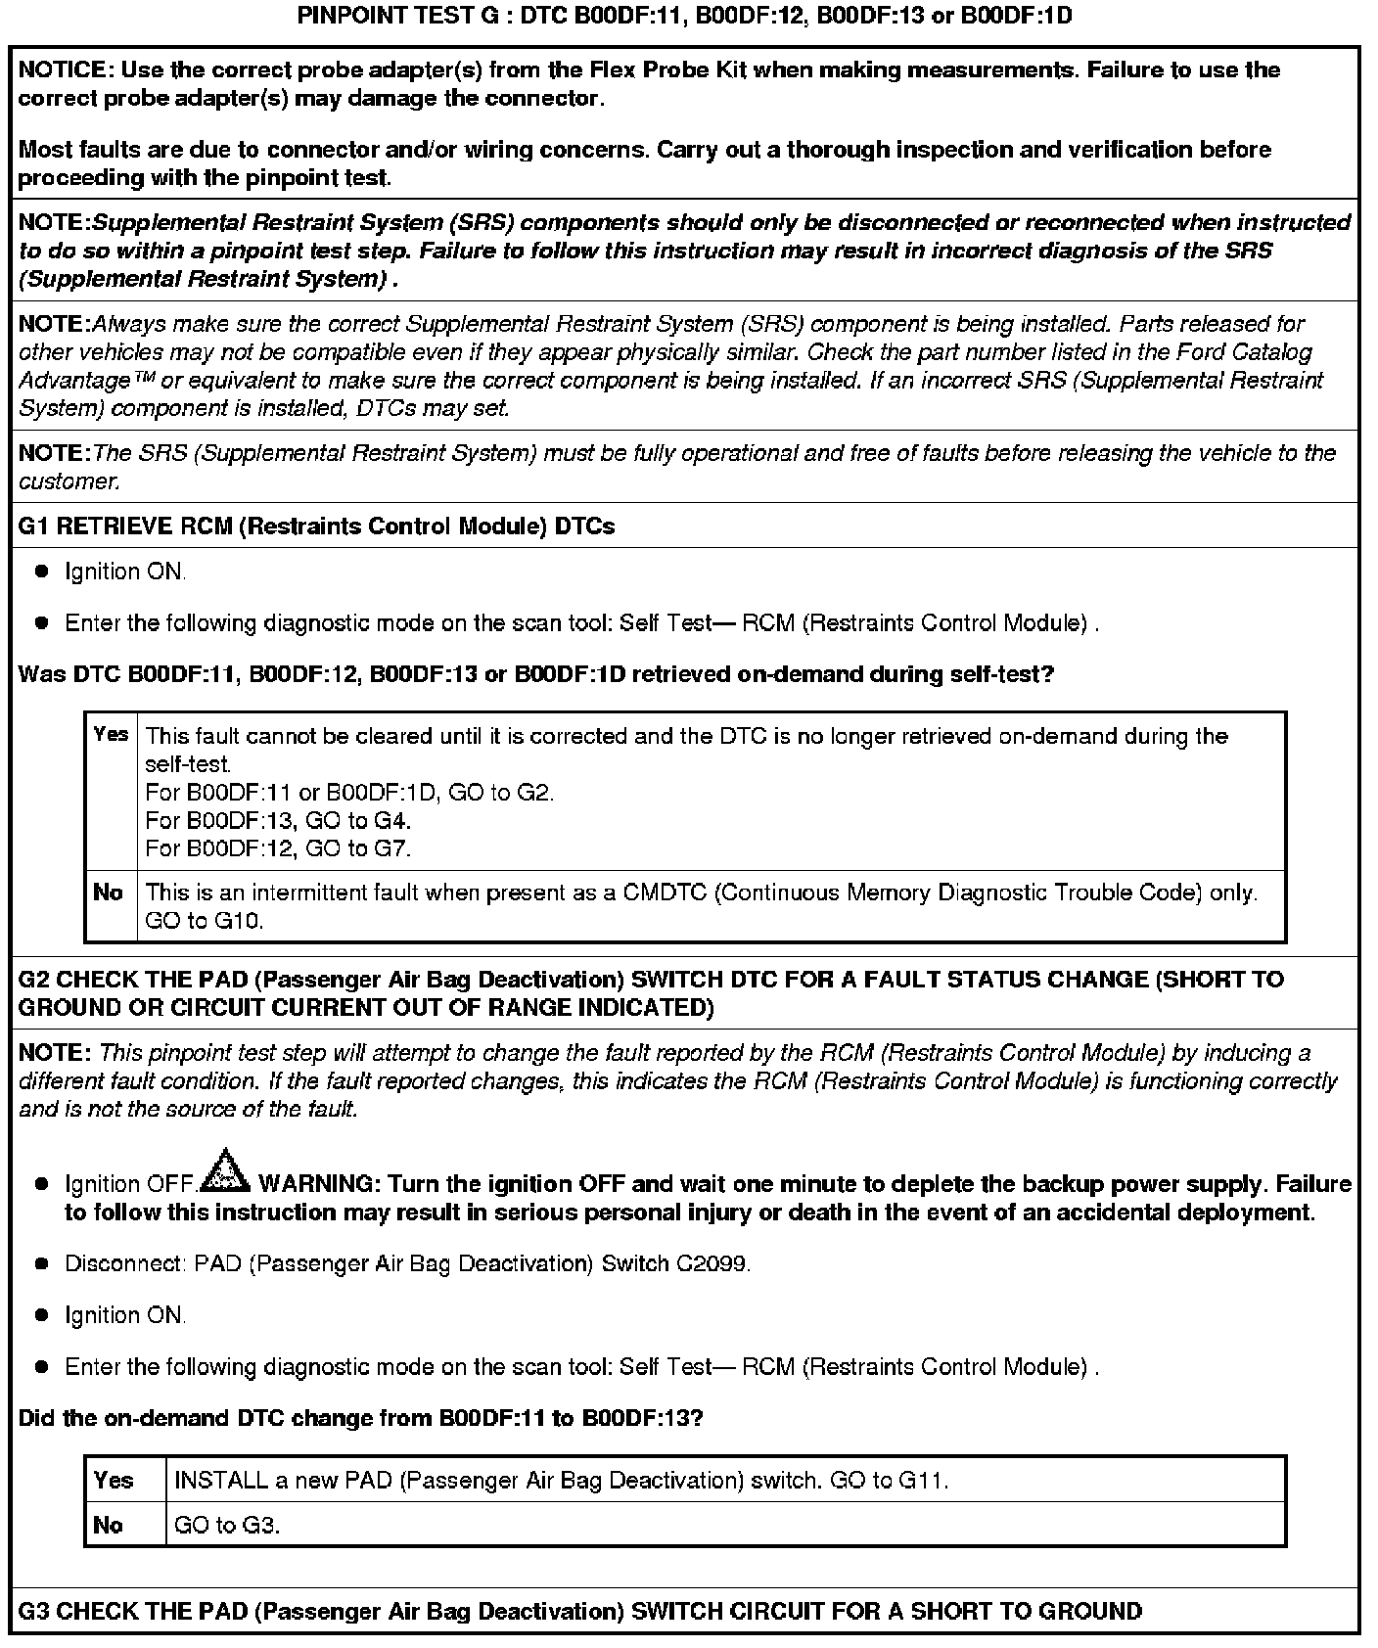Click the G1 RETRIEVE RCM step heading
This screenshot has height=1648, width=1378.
click(316, 526)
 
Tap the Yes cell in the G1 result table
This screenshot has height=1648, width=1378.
click(111, 734)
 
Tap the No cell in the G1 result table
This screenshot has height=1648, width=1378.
click(109, 893)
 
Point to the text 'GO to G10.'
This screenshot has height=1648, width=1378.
click(205, 921)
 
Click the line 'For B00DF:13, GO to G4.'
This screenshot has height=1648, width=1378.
click(278, 820)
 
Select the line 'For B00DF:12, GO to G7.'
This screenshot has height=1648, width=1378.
click(278, 848)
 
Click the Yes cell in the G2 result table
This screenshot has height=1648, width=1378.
click(114, 1480)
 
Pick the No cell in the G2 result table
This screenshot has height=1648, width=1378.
click(109, 1525)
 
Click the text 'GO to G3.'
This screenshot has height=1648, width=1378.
click(227, 1525)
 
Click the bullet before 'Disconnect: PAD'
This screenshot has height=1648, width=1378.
click(41, 1263)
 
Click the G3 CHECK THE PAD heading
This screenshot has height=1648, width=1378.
click(579, 1611)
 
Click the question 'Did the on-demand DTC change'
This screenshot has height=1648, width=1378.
click(360, 1418)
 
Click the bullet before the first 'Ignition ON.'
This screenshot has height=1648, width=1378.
click(41, 572)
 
